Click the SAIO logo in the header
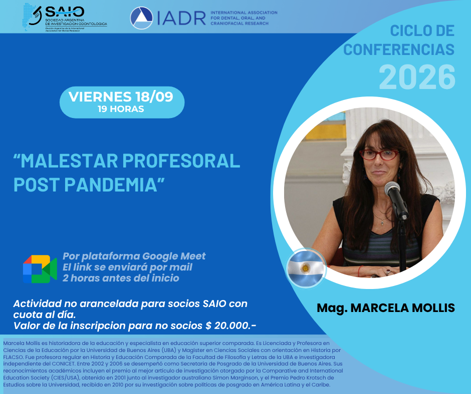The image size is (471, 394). pyautogui.click(x=65, y=17)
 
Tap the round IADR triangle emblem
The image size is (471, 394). pyautogui.click(x=141, y=18)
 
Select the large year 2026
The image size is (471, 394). pyautogui.click(x=417, y=77)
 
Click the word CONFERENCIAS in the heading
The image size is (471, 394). pyautogui.click(x=399, y=49)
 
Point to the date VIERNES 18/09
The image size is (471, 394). pyautogui.click(x=121, y=96)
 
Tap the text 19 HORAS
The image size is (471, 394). pyautogui.click(x=121, y=109)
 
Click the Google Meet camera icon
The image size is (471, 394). pyautogui.click(x=40, y=269)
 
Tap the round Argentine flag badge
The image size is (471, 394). pyautogui.click(x=306, y=268)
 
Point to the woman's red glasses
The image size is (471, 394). pyautogui.click(x=379, y=154)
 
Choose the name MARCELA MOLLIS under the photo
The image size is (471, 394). pyautogui.click(x=402, y=308)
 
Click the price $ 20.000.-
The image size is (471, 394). pyautogui.click(x=230, y=325)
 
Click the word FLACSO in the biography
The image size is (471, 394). pyautogui.click(x=13, y=357)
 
